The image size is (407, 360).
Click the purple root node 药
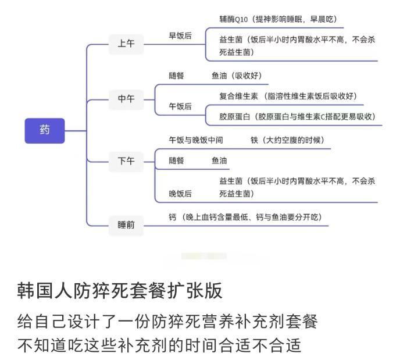45,130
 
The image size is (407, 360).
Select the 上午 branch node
126,44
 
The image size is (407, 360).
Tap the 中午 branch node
126,99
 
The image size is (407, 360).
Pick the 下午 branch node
126,161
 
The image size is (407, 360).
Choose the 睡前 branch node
126,224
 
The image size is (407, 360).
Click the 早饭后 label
180,36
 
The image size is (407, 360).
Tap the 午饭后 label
180,106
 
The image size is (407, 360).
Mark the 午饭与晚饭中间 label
195,140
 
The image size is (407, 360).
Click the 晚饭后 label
180,193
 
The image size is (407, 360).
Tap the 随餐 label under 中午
176,76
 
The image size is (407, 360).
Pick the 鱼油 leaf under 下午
219,161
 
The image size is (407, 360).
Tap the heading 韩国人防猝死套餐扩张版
120,291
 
